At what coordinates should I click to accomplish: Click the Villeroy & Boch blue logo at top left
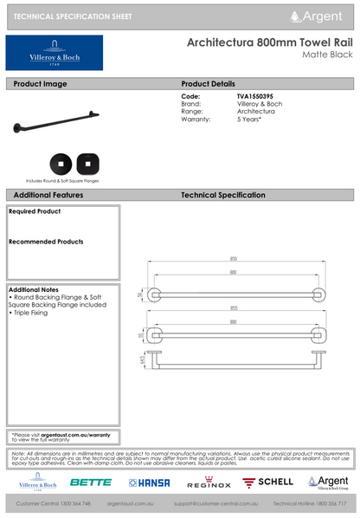click(x=54, y=53)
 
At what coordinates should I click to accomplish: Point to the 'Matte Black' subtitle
click(x=326, y=55)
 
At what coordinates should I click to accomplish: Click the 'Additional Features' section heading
click(x=48, y=196)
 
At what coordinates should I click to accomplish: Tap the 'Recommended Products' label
click(x=46, y=242)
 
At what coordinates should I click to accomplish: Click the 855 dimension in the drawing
click(x=234, y=308)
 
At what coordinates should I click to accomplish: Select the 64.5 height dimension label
click(x=143, y=358)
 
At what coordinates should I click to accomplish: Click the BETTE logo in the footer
click(x=90, y=482)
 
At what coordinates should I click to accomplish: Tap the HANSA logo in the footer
click(x=149, y=482)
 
